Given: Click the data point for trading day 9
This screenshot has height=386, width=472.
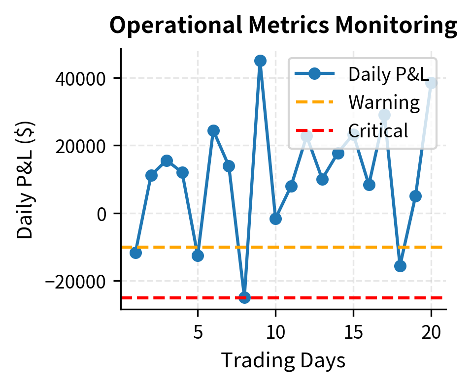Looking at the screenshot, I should point(260,61).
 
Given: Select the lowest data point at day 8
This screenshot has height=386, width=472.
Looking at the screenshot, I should point(244,297).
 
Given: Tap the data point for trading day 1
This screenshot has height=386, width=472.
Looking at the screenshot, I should point(135,253).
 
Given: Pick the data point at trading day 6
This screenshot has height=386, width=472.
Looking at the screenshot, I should point(213,130).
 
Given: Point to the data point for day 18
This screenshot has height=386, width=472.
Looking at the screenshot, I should point(400,266).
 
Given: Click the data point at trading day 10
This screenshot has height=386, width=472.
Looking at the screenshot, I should point(275,219).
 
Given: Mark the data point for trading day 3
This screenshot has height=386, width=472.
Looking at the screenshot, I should point(167,161).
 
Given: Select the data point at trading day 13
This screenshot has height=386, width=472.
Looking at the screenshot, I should point(322,179).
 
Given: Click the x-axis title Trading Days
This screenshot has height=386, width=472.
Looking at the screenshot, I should point(283,360).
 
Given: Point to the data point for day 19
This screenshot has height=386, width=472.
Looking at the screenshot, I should point(415,196).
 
